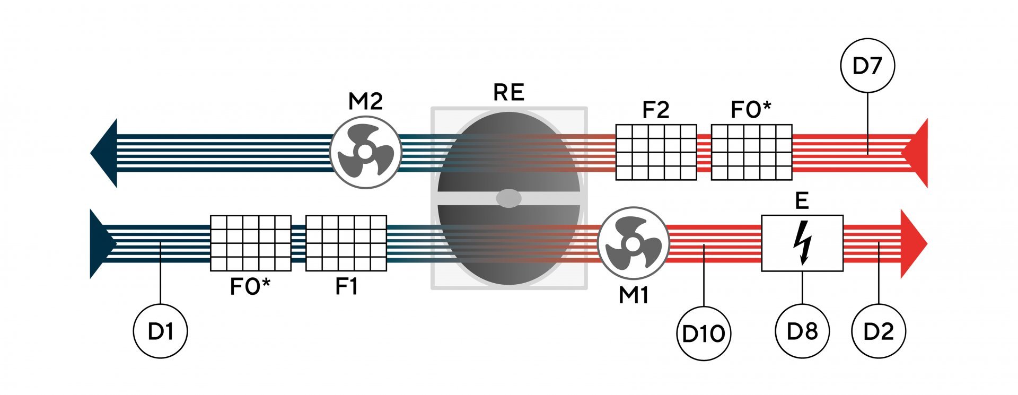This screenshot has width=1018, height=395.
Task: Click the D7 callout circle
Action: pyautogui.click(x=867, y=66)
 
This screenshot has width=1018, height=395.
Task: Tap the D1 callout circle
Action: pyautogui.click(x=160, y=331)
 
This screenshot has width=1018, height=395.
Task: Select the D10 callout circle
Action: pyautogui.click(x=704, y=333)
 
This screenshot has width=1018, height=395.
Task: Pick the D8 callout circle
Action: pyautogui.click(x=802, y=331)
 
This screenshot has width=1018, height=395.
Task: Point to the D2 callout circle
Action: pyautogui.click(x=879, y=331)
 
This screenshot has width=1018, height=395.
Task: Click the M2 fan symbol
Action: pyautogui.click(x=365, y=152)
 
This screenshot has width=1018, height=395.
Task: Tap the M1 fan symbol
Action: pyautogui.click(x=633, y=243)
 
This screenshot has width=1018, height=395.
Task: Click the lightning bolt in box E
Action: pyautogui.click(x=802, y=243)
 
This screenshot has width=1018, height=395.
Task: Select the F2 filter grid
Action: pyautogui.click(x=656, y=152)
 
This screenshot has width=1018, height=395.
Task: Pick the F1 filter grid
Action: pyautogui.click(x=346, y=243)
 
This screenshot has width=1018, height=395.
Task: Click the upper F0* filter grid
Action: pyautogui.click(x=751, y=152)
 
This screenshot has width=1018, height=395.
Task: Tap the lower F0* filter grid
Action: pyautogui.click(x=251, y=243)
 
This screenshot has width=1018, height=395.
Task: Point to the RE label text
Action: pyautogui.click(x=508, y=93)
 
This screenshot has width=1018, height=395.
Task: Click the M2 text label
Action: pyautogui.click(x=365, y=101)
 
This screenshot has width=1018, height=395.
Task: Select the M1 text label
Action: pyautogui.click(x=634, y=295)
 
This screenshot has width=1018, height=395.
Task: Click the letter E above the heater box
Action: pyautogui.click(x=802, y=201)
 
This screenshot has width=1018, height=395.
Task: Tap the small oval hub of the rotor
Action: pyautogui.click(x=508, y=198)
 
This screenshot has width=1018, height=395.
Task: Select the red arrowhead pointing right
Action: pyautogui.click(x=913, y=243)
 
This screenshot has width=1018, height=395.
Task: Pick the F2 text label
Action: pyautogui.click(x=656, y=110)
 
